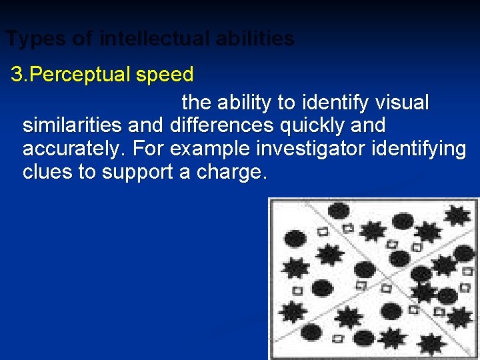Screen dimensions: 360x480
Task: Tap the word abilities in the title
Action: pyautogui.click(x=255, y=39)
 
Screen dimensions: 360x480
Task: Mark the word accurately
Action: pyautogui.click(x=73, y=149)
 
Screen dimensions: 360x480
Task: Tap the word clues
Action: pyautogui.click(x=47, y=173)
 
